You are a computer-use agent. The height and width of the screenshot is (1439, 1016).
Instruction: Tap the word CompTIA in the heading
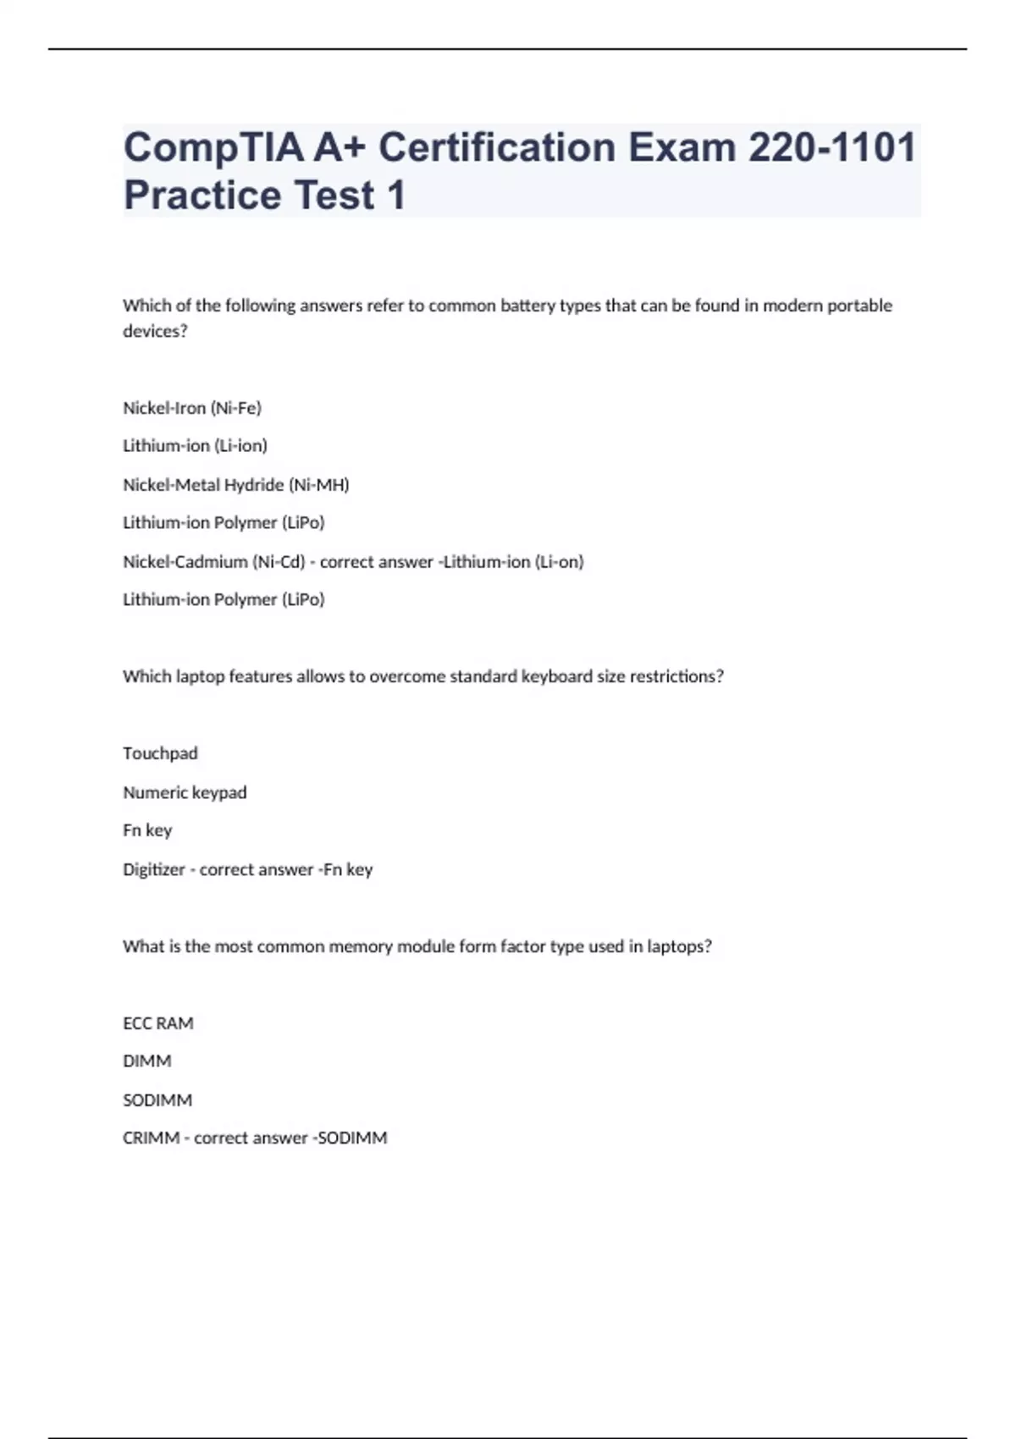click(214, 147)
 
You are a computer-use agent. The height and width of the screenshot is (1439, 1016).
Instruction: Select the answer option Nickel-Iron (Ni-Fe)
click(192, 408)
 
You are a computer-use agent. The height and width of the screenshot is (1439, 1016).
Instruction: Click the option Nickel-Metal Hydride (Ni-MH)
click(236, 485)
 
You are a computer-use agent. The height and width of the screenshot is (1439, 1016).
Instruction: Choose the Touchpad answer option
click(160, 753)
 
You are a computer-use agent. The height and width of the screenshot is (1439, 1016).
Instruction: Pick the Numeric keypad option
click(185, 792)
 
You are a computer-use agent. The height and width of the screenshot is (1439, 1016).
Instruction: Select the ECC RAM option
click(158, 1023)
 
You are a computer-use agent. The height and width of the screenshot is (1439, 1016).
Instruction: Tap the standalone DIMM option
click(147, 1061)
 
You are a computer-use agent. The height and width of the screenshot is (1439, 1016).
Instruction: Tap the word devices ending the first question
click(154, 331)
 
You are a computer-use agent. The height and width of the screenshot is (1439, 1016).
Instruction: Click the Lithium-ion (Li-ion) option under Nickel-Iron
click(195, 446)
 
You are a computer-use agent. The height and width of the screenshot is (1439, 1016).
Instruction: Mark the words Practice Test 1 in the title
click(264, 195)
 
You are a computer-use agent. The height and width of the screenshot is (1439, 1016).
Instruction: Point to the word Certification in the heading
click(497, 147)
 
